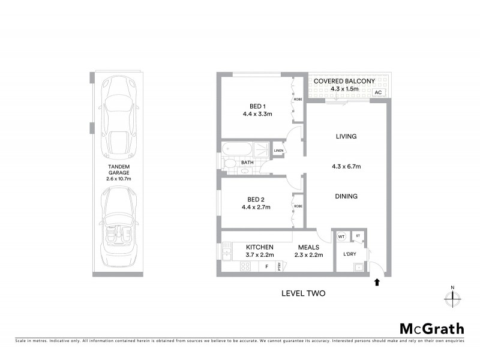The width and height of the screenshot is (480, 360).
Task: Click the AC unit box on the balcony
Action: point(377,92)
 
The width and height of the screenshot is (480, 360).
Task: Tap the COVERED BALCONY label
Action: point(344,81)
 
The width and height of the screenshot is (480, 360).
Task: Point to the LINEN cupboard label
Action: point(278,150)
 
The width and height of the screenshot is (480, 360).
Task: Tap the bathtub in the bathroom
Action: point(238,148)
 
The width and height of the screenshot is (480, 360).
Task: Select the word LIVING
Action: point(346,136)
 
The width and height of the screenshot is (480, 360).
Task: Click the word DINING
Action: point(346,196)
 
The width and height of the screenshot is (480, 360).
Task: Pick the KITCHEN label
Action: point(259,247)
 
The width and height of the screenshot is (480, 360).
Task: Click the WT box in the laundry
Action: point(341,237)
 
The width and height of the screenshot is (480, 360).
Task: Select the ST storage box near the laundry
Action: point(358,236)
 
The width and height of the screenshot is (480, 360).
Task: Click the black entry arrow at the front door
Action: point(377,281)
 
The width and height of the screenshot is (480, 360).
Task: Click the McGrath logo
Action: point(431,328)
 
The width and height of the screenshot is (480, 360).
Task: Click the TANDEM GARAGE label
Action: point(119,170)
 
